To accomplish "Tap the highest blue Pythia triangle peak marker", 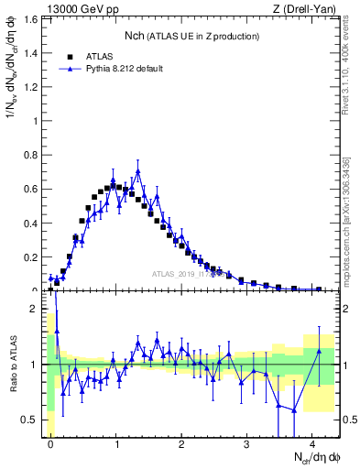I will pos(138,171).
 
